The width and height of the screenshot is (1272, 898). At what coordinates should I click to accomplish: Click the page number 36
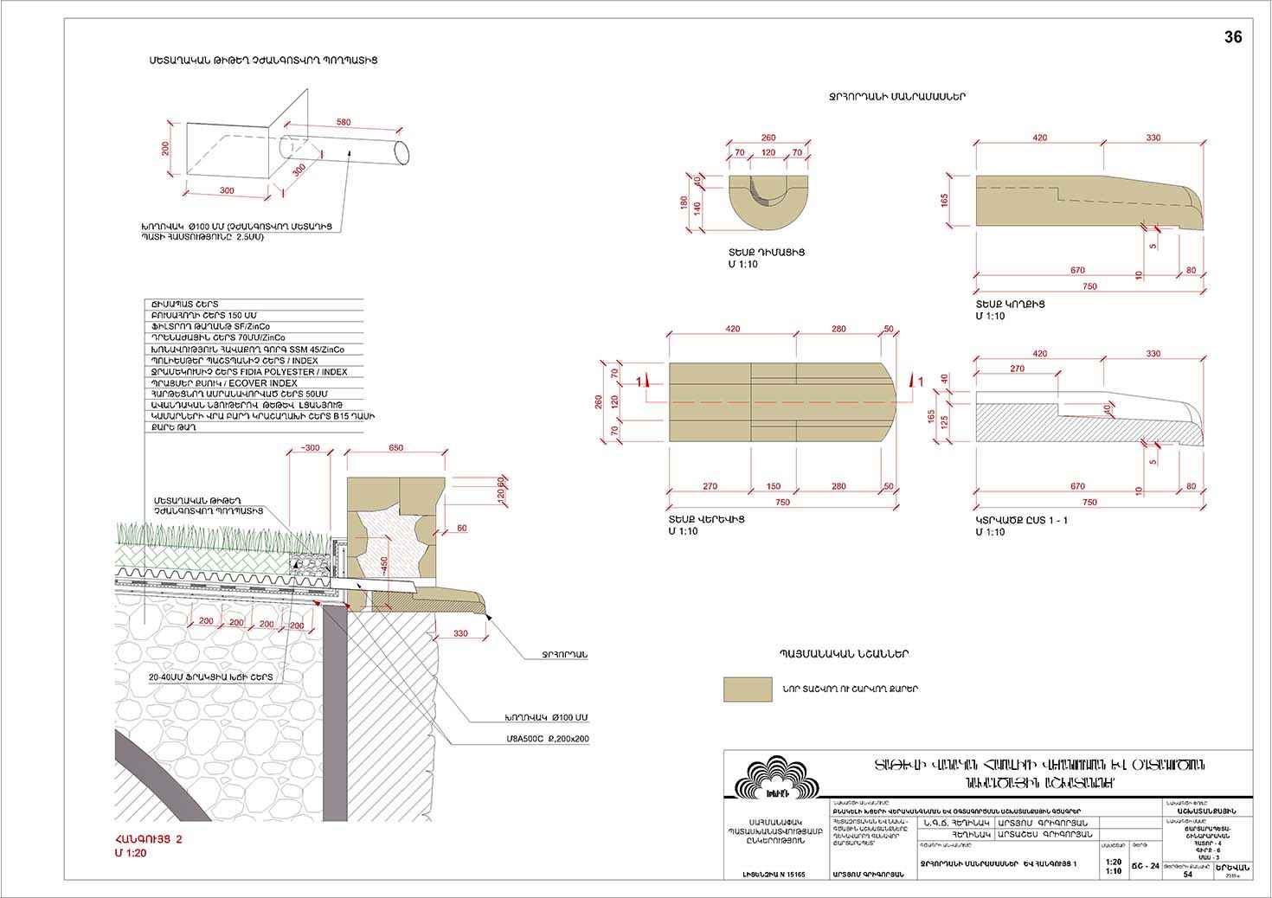click(1232, 37)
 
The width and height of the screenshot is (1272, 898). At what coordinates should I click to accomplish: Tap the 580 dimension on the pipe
click(344, 123)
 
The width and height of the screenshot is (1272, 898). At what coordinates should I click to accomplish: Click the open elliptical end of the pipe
click(402, 151)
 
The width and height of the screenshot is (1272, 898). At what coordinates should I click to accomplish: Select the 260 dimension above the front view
click(768, 138)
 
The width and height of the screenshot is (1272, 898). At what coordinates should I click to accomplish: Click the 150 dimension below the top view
click(774, 486)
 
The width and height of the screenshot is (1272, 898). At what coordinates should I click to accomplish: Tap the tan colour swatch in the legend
click(748, 690)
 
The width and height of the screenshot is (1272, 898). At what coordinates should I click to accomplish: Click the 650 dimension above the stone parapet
click(396, 448)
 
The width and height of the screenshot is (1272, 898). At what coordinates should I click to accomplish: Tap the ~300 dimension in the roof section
click(307, 448)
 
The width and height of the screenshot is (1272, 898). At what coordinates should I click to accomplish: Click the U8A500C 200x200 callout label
click(542, 741)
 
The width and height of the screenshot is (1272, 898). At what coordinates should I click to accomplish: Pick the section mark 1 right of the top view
click(920, 381)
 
